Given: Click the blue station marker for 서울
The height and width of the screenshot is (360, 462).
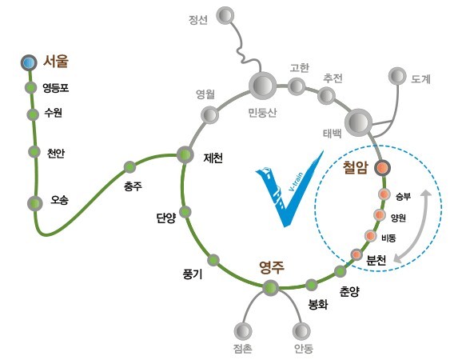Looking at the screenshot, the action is tap(29, 63).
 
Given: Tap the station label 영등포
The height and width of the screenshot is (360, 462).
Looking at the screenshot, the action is tap(56, 88).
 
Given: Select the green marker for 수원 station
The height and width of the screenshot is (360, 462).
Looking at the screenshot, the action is tap(33, 114).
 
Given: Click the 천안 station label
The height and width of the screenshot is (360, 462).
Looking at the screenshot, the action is tap(56, 153).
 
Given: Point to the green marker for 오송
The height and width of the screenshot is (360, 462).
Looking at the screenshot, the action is tap(34, 203).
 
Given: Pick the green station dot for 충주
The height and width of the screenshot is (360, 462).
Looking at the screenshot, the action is tap(129, 167).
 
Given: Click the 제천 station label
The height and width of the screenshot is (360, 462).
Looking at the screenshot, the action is tap(213, 158).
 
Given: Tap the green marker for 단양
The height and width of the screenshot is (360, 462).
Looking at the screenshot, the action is tap(185, 212).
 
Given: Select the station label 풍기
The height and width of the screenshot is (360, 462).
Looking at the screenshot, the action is tap(193, 274).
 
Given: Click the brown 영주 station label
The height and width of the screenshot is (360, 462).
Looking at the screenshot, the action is tap(272, 267).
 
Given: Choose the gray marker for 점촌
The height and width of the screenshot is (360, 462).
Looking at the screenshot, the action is tap(243, 331).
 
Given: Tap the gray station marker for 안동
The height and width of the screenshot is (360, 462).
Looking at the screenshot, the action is tap(301, 330).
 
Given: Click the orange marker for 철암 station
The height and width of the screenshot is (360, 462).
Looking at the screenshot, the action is tap(382, 168).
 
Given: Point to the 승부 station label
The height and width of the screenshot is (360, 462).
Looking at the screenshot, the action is tap(403, 196).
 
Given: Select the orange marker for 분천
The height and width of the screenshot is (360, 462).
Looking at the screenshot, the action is tap(356, 254).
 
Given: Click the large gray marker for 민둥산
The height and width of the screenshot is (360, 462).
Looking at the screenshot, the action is tap(263, 86).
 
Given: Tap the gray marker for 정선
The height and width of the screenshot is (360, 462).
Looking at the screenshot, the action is tap(225, 15).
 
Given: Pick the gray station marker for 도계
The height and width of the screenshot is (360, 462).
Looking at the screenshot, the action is tap(397, 76).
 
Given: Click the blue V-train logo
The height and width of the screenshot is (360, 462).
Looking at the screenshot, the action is tap(289, 189).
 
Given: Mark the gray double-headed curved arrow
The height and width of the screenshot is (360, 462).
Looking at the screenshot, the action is tap(420, 230).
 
